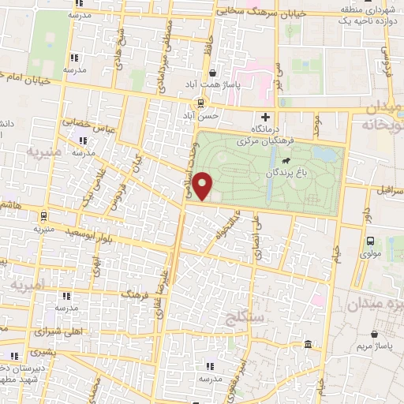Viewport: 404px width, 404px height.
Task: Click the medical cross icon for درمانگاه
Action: tap(276, 117)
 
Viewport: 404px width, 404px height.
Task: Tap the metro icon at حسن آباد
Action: tap(200, 103)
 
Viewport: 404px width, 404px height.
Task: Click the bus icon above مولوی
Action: tap(370, 241)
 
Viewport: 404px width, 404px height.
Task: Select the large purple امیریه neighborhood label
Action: tap(28, 282)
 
